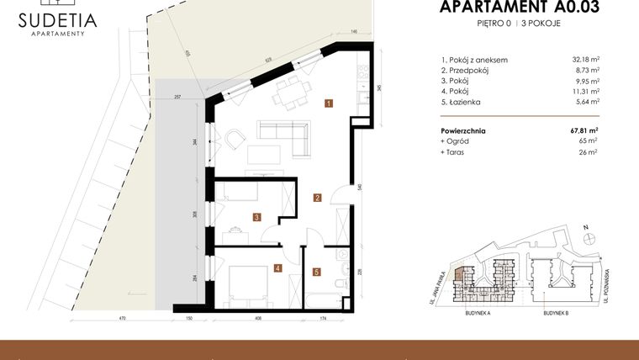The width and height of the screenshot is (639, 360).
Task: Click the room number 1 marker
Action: (329, 104)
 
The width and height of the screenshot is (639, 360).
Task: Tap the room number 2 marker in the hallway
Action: (317, 199)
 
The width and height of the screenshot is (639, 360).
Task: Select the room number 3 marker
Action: (256, 217)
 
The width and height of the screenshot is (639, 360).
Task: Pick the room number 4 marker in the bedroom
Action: (277, 269)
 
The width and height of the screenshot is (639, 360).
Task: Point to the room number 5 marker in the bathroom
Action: (316, 272)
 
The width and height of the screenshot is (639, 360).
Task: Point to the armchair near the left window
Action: (232, 137)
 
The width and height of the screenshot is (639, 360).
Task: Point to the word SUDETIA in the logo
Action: (56, 19)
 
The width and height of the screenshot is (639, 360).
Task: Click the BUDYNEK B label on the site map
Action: (556, 312)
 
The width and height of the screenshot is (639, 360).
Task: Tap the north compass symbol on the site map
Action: (590, 236)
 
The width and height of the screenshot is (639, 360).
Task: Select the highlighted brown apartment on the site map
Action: (457, 274)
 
